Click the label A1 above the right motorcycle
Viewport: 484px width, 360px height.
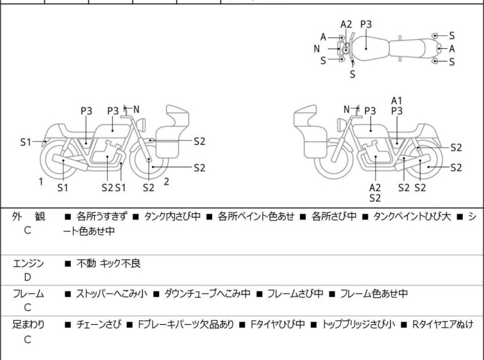(397, 100)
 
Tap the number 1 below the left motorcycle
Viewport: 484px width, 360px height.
(40, 182)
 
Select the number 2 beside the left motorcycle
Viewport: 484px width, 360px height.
(166, 182)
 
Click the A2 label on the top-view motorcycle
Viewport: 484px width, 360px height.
(346, 24)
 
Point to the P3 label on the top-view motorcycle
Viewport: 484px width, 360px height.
(366, 24)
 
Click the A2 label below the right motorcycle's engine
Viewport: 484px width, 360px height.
(375, 187)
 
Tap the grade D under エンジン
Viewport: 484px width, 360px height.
(27, 277)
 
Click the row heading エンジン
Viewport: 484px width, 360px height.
(28, 263)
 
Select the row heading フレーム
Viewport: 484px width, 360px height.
(28, 294)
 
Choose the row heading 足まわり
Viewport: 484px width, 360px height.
(28, 325)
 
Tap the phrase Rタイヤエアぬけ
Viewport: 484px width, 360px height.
(442, 325)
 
